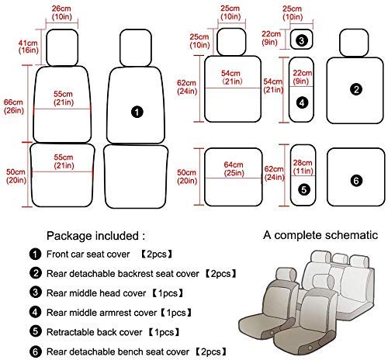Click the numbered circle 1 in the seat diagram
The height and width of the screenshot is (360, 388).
pos(137,113)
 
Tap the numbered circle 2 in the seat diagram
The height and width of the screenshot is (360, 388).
pos(356,90)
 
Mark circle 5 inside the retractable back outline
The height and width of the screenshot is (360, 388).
pos(303,189)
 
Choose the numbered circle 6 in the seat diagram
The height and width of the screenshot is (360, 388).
pos(356,181)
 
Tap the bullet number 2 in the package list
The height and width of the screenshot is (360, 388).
pos(34,274)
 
